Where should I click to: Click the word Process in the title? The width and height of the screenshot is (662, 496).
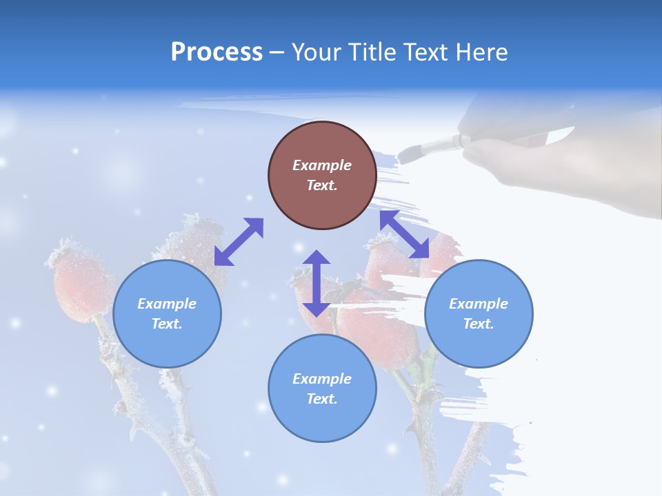click(x=217, y=52)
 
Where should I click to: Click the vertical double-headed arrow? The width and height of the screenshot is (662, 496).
click(x=317, y=283)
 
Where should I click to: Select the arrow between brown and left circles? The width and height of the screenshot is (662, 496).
click(x=239, y=241)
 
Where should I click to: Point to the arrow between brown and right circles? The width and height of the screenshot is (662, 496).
click(x=404, y=234)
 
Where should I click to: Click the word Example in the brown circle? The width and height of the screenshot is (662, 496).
click(x=322, y=165)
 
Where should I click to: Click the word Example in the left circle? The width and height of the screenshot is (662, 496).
click(x=167, y=304)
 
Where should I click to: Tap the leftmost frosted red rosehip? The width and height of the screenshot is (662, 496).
click(x=76, y=282)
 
